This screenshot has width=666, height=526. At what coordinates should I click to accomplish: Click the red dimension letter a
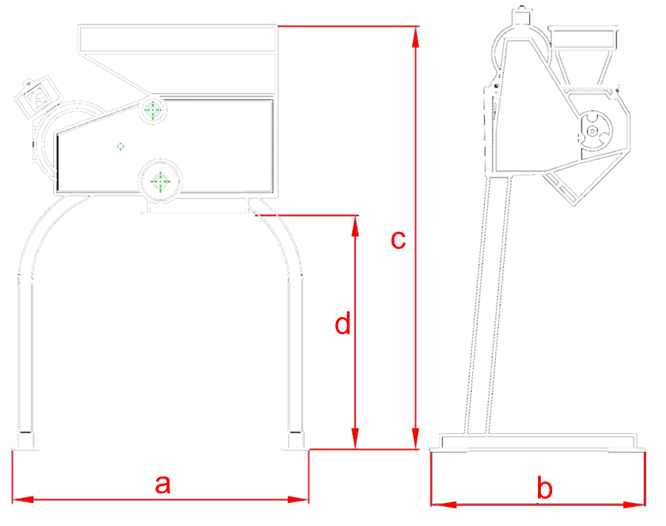coord(163,484)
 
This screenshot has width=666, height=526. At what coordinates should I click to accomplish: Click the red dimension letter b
coord(545,487)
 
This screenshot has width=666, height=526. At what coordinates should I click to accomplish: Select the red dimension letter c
coord(398,240)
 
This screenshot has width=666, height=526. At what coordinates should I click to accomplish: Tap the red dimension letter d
coord(343,323)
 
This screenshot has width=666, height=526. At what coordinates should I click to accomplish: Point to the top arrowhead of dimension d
coord(355,226)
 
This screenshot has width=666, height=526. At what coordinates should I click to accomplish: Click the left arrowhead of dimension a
coord(23,499)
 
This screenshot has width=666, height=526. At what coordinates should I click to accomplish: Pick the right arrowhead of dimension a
coord(297,499)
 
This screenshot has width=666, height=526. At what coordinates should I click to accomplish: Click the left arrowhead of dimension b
coord(443,505)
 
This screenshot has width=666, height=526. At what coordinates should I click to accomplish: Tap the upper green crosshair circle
coord(153,110)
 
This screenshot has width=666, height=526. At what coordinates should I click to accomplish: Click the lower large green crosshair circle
coord(160,182)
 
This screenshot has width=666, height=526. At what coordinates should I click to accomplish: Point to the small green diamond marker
coord(121,146)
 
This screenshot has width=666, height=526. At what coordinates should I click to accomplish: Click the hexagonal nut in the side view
coord(592,131)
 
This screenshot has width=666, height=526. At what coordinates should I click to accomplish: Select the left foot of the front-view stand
coord(25,441)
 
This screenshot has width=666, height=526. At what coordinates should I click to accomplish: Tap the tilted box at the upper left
coord(38,96)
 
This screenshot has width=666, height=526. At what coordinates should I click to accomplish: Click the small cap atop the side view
coord(522,16)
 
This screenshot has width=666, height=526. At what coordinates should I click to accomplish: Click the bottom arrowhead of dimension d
coord(355,438)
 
